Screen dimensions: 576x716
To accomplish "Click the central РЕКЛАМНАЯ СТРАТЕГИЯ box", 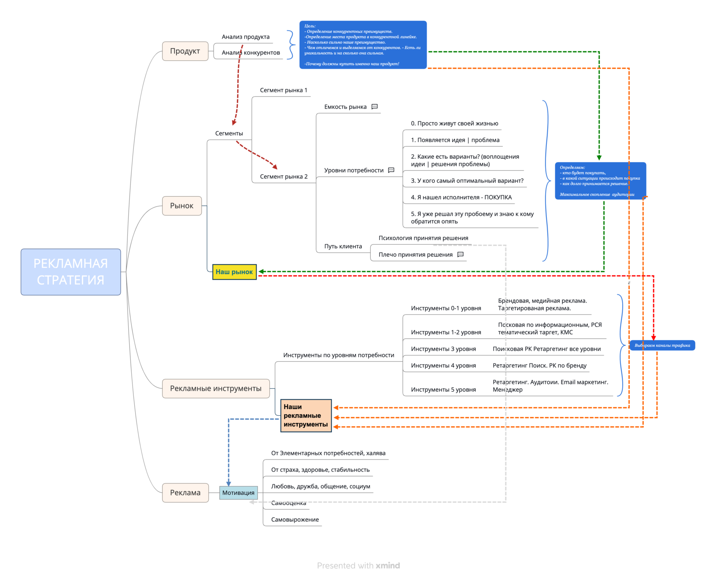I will coord(71,272).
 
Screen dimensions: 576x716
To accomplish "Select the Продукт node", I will coord(185,51).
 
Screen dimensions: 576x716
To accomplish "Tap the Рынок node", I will coord(182,206).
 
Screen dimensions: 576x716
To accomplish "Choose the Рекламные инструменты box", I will coord(216,388).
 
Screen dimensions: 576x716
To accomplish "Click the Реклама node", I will coord(185,493).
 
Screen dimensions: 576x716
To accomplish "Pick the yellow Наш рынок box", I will coord(234,272).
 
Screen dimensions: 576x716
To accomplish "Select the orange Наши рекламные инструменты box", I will coord(306,416).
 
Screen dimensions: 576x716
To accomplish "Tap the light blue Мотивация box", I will coord(238,493).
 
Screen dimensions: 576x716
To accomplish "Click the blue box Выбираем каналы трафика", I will coord(662,345).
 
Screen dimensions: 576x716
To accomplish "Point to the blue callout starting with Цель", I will coord(363,45).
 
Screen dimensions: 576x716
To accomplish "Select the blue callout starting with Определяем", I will coord(600,180).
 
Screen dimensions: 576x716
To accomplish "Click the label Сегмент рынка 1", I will coord(283,90).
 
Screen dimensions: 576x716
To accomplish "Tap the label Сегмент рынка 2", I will coord(283,177).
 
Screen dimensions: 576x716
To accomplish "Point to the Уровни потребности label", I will coord(353,170).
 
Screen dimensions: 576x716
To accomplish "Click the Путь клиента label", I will coord(343,246).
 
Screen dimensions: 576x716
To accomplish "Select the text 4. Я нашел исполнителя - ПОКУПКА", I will coord(462,197).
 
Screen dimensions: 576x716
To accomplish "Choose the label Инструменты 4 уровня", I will coord(443,366).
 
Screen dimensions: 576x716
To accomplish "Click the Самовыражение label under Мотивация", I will coord(295,520).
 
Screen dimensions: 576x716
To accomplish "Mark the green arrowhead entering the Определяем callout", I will coord(599,158).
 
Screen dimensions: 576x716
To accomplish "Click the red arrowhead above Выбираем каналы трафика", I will coord(653,337).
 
